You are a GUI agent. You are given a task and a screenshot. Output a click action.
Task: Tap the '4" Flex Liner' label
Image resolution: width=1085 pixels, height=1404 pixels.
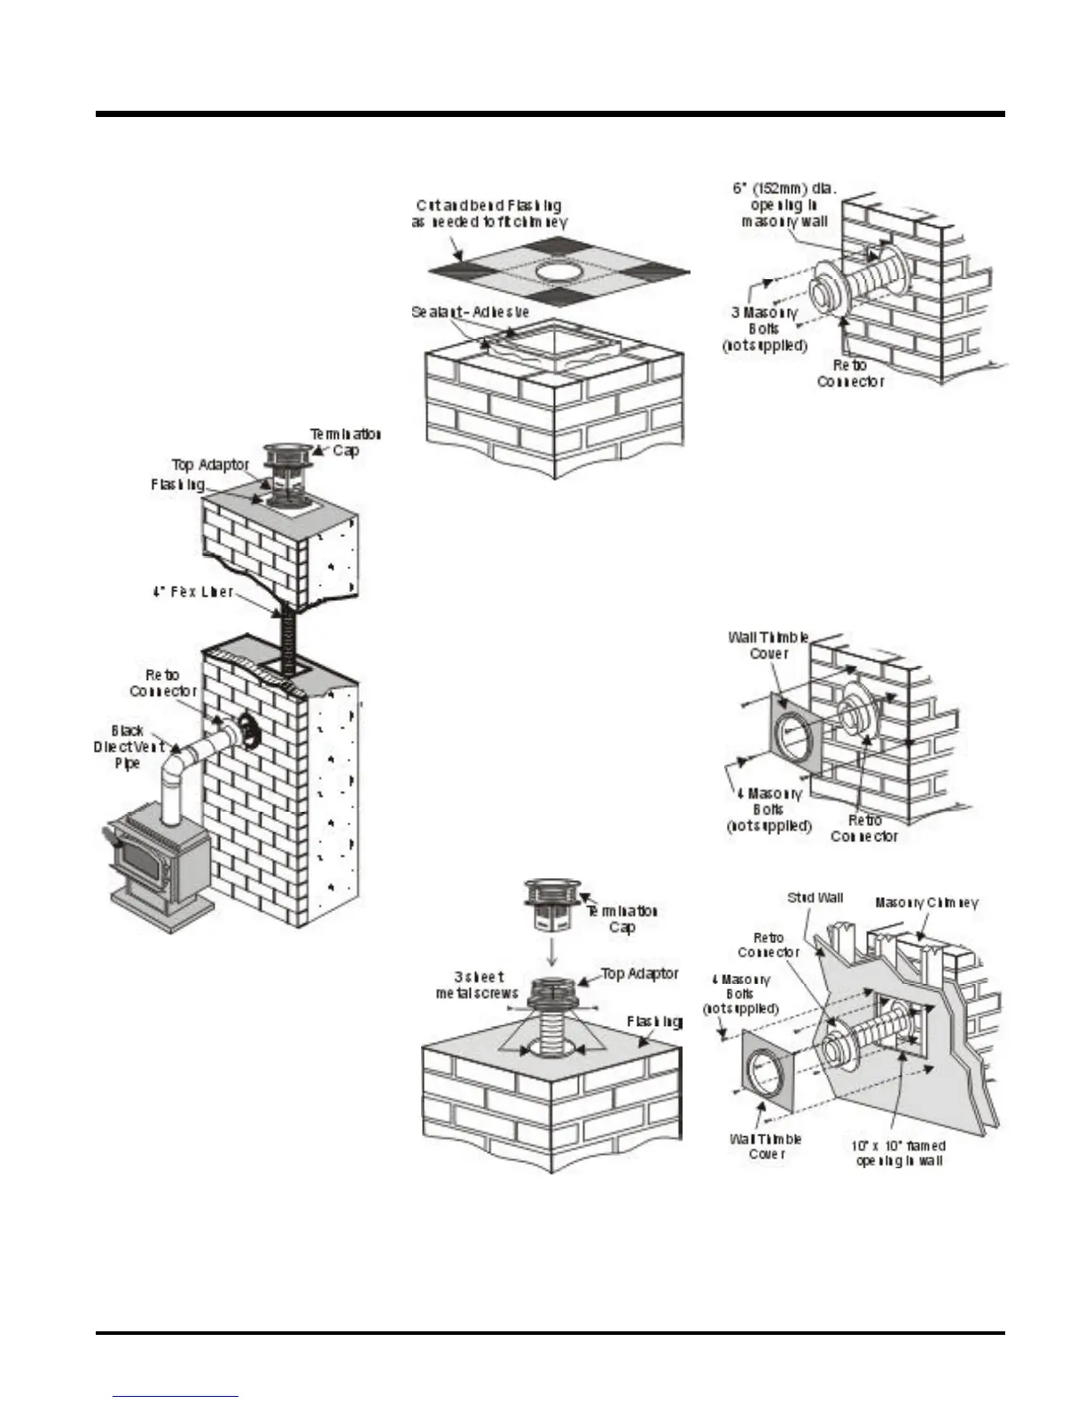pos(192,591)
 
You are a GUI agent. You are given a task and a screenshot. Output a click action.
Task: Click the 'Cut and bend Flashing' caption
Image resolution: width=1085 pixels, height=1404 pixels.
pos(488,214)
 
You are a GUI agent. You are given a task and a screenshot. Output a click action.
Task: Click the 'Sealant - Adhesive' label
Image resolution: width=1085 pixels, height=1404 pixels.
pos(470,312)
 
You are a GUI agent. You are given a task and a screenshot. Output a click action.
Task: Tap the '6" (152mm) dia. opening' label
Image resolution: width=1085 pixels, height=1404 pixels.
pos(789,204)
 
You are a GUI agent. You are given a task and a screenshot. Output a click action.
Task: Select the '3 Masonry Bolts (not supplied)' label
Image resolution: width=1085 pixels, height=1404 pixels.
pos(765,329)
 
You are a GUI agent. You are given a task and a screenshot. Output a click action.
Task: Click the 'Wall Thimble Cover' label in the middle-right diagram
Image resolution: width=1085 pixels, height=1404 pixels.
pos(768,645)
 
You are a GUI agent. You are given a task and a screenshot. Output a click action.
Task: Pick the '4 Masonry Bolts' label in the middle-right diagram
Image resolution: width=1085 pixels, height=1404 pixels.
pos(769,809)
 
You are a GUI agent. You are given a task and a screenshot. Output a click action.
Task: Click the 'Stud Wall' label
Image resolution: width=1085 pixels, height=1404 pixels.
pos(815,898)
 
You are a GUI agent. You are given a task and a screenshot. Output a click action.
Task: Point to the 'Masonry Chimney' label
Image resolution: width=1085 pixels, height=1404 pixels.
pos(926,902)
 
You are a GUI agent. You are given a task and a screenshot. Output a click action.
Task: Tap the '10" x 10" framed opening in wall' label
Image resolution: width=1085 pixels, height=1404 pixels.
pos(898,1153)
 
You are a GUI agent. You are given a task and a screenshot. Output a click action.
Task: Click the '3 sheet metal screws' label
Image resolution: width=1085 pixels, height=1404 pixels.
pos(476,985)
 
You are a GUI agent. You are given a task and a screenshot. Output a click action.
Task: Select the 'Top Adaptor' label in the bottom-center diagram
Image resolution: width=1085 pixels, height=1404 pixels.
pos(640,973)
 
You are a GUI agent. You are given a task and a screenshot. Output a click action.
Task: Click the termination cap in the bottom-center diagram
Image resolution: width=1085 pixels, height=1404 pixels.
pos(553,905)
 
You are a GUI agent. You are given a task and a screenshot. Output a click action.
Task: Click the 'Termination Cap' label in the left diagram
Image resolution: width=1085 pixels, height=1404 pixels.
pos(345,441)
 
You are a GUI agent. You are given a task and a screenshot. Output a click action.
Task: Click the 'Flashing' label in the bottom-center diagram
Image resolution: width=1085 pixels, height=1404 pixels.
pos(654,1022)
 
